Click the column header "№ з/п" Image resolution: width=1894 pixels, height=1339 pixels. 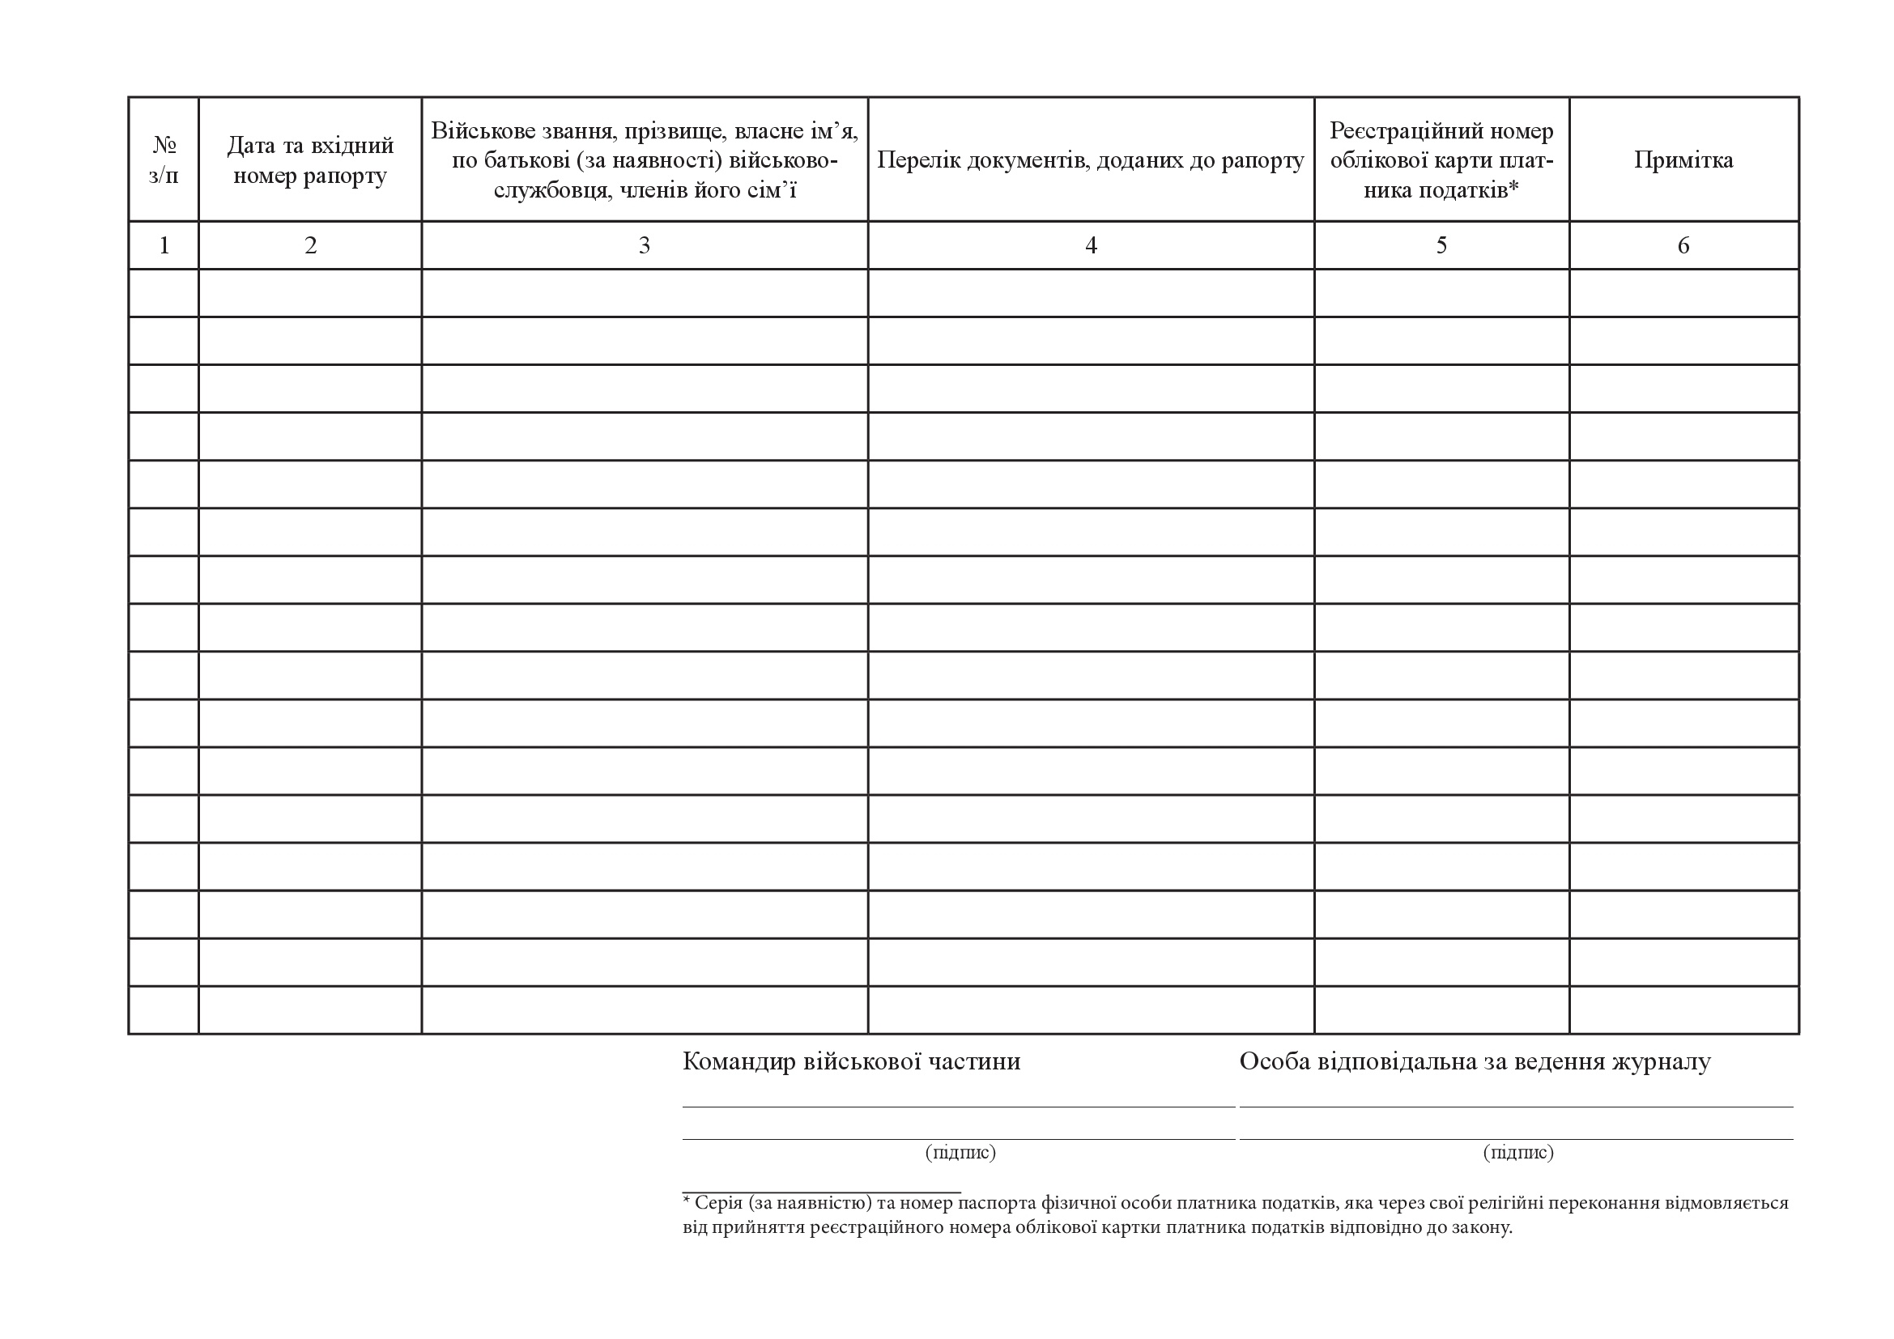(x=164, y=160)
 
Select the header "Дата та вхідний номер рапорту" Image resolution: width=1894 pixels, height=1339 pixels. (x=310, y=160)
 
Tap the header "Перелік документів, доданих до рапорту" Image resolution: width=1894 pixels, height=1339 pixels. (x=1090, y=160)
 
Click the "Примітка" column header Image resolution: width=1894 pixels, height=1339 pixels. (x=1683, y=160)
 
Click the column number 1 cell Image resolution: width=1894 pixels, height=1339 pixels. (x=164, y=244)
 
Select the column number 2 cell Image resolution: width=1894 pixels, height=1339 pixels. (x=310, y=244)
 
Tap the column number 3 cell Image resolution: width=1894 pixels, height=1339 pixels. (x=645, y=244)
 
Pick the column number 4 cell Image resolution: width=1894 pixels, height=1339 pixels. (x=1091, y=244)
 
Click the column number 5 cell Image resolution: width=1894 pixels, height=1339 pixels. (x=1441, y=244)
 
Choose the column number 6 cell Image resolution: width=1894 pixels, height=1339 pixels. (x=1683, y=244)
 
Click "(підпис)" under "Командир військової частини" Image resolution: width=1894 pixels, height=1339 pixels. (x=960, y=1152)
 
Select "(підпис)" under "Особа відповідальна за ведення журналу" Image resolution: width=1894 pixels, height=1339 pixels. (x=1517, y=1152)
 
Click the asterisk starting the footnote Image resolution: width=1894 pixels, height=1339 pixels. (x=687, y=1201)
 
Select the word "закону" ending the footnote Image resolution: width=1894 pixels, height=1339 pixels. (x=1484, y=1228)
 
